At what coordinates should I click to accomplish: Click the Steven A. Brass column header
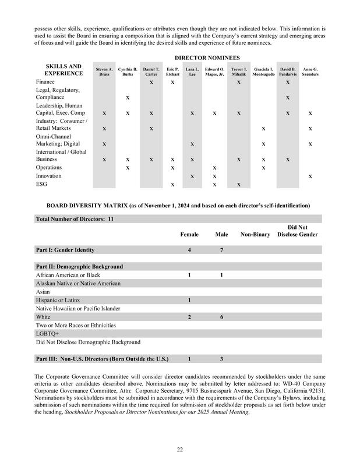pos(104,72)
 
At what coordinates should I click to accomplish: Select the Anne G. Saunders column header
pos(310,72)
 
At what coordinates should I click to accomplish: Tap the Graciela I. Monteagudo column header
pos(263,72)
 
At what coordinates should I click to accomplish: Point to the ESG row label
pos(43,184)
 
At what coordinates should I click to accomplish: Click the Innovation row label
pos(49,175)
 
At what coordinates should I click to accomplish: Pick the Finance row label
pos(46,82)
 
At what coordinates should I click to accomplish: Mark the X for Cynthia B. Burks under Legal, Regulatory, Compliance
pos(128,97)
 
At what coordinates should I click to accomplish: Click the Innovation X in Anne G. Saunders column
pos(310,176)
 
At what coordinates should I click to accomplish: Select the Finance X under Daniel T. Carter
pos(151,83)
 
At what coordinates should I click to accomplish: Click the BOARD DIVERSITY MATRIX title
pos(178,206)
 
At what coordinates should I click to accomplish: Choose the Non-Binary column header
pos(255,235)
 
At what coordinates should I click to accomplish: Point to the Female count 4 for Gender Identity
pos(189,250)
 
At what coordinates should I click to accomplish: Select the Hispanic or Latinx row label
pos(59,300)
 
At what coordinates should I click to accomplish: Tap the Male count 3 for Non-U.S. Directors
pos(221,359)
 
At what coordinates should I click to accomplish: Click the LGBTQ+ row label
pos(48,333)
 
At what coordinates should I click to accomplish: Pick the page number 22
pos(180,448)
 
